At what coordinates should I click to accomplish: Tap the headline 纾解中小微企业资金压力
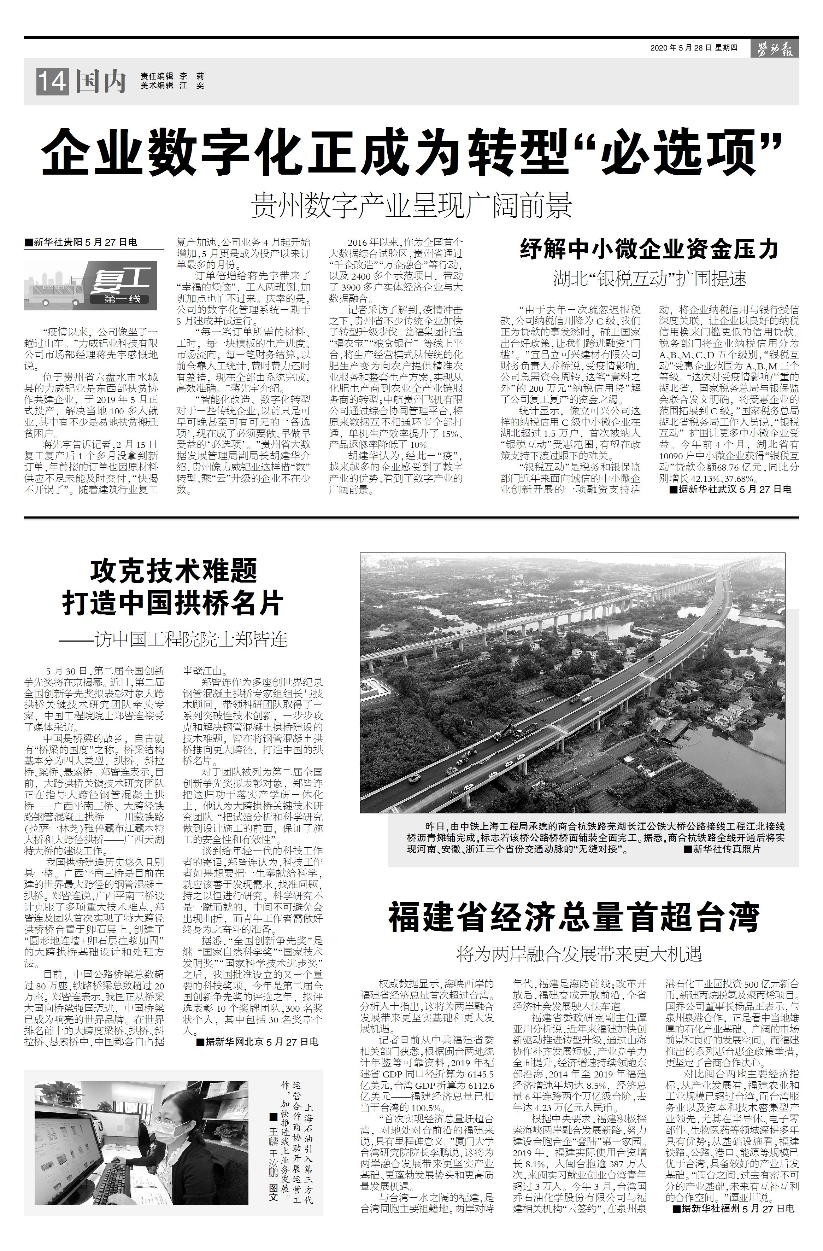(x=649, y=249)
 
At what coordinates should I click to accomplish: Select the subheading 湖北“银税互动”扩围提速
(x=649, y=279)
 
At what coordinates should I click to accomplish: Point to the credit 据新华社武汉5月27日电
(x=730, y=489)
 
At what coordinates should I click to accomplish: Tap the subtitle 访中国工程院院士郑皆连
(x=174, y=639)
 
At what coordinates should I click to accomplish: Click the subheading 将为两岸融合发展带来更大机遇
(x=578, y=954)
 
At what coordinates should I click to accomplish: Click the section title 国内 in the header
(x=101, y=82)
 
